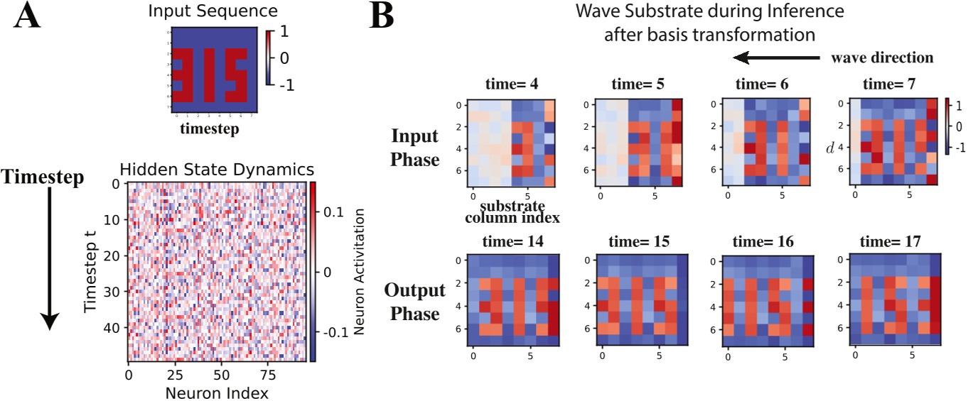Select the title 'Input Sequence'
206,10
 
